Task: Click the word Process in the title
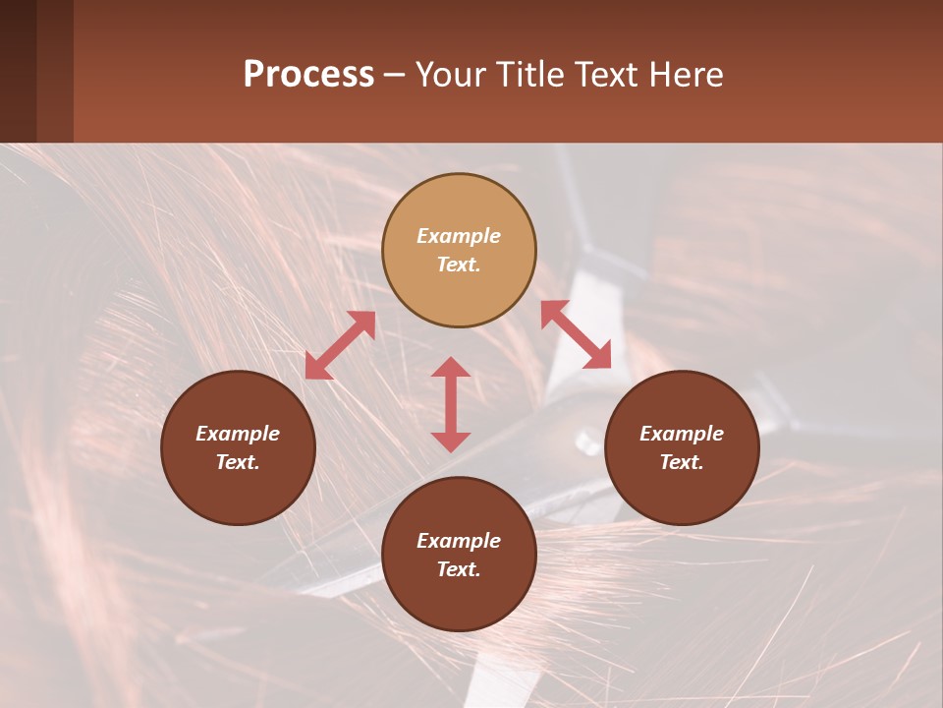pyautogui.click(x=308, y=75)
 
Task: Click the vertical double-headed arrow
pyautogui.click(x=451, y=404)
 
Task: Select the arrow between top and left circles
pyautogui.click(x=340, y=345)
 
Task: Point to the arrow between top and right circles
pyautogui.click(x=576, y=334)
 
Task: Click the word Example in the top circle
pyautogui.click(x=459, y=236)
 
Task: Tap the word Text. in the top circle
pyautogui.click(x=459, y=265)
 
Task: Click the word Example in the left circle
pyautogui.click(x=238, y=434)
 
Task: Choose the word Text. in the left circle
pyautogui.click(x=238, y=462)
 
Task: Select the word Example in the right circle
pyautogui.click(x=682, y=434)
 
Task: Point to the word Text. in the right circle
pyautogui.click(x=682, y=462)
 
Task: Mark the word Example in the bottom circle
pyautogui.click(x=459, y=541)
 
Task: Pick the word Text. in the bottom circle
pyautogui.click(x=459, y=569)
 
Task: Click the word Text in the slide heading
pyautogui.click(x=604, y=75)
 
